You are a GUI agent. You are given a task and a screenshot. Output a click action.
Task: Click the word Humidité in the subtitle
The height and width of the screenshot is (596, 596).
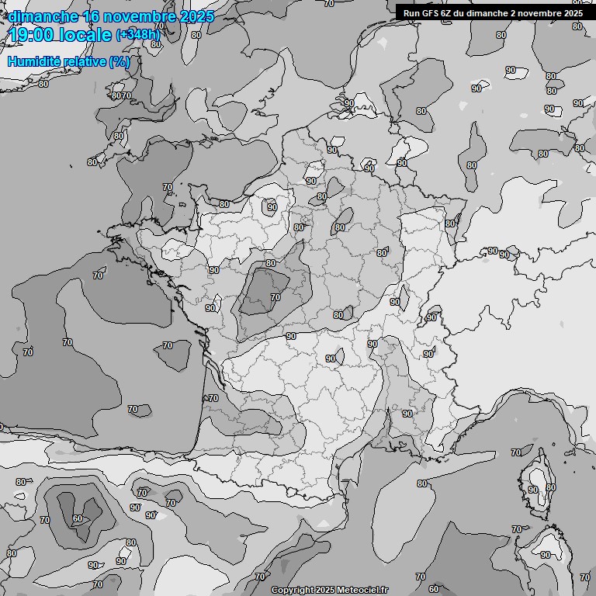[32, 61]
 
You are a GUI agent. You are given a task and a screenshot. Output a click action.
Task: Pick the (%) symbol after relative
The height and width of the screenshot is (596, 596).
[119, 61]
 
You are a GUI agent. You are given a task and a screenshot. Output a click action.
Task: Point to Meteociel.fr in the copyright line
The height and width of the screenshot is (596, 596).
[362, 591]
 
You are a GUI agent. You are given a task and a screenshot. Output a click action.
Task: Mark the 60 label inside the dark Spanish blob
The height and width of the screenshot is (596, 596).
[78, 519]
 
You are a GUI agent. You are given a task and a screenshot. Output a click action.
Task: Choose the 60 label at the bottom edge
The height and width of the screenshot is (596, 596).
[434, 589]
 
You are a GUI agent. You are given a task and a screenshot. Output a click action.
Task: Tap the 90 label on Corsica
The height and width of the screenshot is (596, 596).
[532, 490]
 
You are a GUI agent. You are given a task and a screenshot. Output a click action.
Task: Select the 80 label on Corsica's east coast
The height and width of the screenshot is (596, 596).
[551, 487]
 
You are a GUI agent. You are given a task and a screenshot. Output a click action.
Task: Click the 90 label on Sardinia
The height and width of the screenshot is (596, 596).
[546, 555]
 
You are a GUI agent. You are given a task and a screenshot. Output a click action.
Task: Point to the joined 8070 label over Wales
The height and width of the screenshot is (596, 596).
[121, 96]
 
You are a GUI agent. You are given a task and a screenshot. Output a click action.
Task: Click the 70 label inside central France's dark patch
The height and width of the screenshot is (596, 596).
[275, 297]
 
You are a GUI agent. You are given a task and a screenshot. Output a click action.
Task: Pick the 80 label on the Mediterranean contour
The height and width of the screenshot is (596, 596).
[422, 484]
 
